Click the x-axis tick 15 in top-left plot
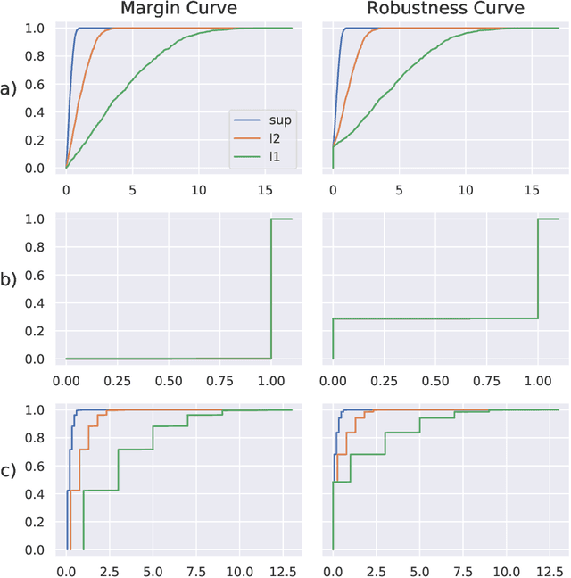(x=264, y=190)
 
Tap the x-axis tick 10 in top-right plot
(x=464, y=190)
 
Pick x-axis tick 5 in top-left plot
(x=132, y=190)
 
